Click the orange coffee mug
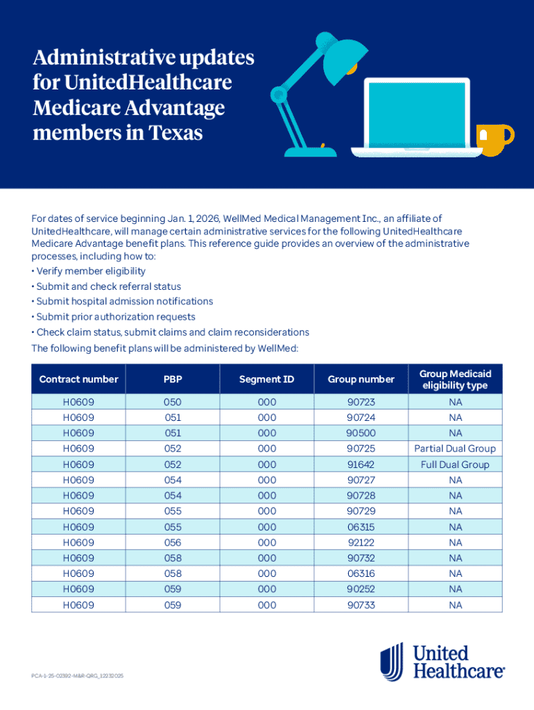coord(493,139)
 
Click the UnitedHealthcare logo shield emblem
coord(392,661)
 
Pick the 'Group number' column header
coord(361,379)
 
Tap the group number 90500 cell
coord(361,433)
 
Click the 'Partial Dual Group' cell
coord(455,449)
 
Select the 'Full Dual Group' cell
coord(455,465)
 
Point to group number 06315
coord(361,527)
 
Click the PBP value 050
coord(173,402)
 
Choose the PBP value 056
coord(173,542)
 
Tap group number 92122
coord(361,542)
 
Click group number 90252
coord(361,589)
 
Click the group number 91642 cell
coord(361,465)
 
